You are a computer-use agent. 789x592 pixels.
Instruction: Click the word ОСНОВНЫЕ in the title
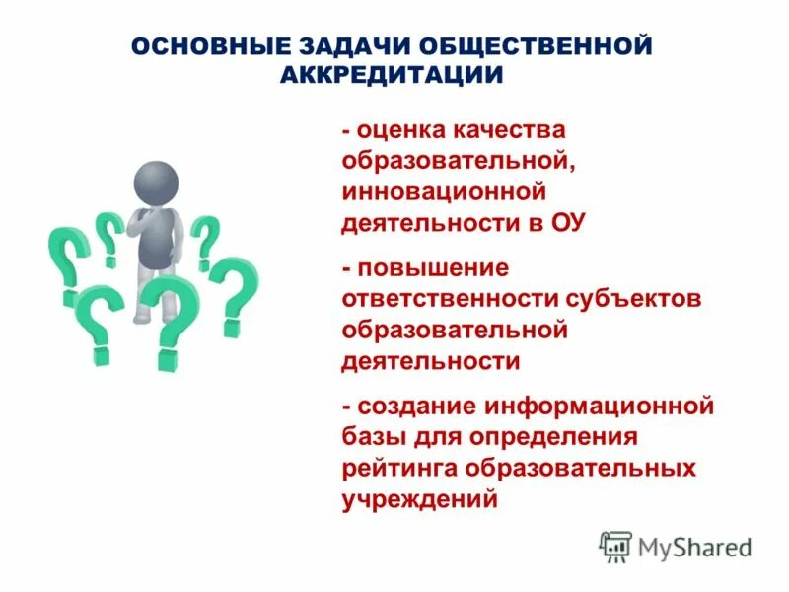pyautogui.click(x=204, y=47)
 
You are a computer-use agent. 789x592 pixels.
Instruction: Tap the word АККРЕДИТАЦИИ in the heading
pyautogui.click(x=393, y=75)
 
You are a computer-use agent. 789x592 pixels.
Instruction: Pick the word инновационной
pyautogui.click(x=444, y=191)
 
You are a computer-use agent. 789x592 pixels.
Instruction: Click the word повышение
pyautogui.click(x=433, y=268)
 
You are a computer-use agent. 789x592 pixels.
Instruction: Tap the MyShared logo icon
pyautogui.click(x=615, y=546)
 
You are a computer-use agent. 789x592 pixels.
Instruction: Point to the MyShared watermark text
pyautogui.click(x=695, y=547)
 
